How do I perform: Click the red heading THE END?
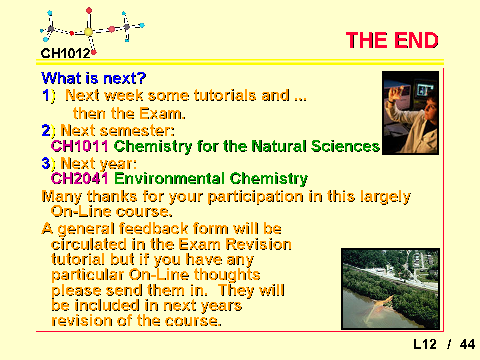click(x=392, y=40)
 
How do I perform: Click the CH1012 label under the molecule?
click(x=66, y=54)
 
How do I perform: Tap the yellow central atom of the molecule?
click(x=88, y=32)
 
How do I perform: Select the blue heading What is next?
click(x=94, y=78)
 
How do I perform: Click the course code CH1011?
click(x=80, y=146)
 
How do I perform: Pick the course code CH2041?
click(x=80, y=179)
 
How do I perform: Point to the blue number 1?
click(x=46, y=95)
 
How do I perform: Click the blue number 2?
click(x=46, y=131)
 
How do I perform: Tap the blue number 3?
click(x=46, y=163)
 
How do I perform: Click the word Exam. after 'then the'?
click(x=163, y=114)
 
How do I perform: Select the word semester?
click(x=137, y=131)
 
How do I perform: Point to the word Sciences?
click(x=345, y=146)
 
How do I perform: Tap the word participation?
click(x=256, y=197)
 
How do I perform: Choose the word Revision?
click(x=258, y=244)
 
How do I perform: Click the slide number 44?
click(x=467, y=344)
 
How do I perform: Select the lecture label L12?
click(x=425, y=344)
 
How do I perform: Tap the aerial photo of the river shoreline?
click(x=390, y=289)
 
